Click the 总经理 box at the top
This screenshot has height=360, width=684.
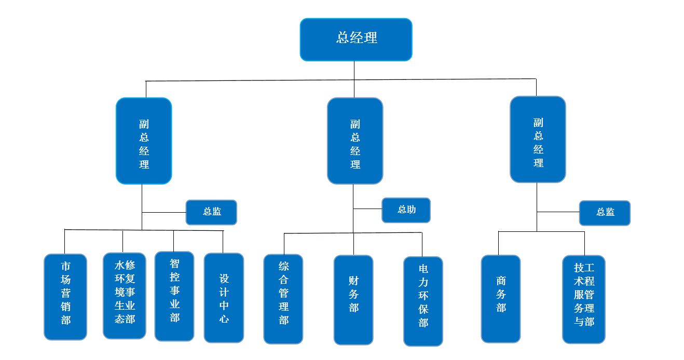pos(356,39)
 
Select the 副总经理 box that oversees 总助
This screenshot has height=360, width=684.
pos(355,141)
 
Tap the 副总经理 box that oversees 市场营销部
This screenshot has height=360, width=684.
pos(144,141)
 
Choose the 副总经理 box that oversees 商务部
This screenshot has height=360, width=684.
pos(538,139)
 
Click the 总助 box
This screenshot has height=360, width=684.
pos(406,210)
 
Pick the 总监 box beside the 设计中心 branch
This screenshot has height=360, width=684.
pos(211,212)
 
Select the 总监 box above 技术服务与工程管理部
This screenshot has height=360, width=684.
pos(605,213)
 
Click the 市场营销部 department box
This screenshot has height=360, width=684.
pos(65,297)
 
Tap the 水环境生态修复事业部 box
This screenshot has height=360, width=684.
pos(125,296)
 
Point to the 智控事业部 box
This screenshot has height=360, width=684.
pos(174,296)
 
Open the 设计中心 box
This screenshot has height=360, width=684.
pos(224,298)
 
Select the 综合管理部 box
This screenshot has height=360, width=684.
pos(283,299)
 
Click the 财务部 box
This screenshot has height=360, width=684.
pos(353,300)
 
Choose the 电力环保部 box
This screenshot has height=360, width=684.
pos(423,301)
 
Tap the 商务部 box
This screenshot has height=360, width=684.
pos(501,299)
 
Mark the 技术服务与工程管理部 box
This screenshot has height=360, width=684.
pos(584,299)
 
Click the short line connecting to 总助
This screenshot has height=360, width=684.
pos(367,209)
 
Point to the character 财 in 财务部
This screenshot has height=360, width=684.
pos(353,281)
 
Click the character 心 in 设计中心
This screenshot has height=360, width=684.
pos(224,319)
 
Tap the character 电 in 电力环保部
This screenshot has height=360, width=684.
pos(423,269)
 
